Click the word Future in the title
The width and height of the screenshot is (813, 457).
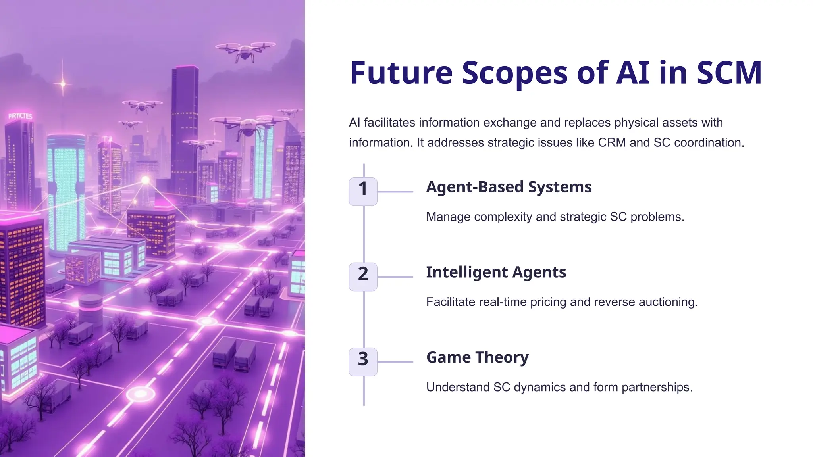(401, 73)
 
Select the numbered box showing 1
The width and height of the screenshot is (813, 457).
(363, 192)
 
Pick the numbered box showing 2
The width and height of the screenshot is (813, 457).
(363, 277)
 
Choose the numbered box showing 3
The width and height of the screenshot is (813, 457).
(363, 362)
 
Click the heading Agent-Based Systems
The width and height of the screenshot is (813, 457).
(509, 187)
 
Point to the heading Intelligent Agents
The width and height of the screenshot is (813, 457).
(496, 273)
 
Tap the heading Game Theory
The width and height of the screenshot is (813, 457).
(477, 357)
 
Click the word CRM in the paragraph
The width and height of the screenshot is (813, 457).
(612, 142)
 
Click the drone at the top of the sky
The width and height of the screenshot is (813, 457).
(245, 51)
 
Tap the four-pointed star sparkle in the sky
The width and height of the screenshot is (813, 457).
(63, 84)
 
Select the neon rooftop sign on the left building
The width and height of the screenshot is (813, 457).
(20, 116)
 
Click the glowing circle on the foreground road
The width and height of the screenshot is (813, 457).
(141, 394)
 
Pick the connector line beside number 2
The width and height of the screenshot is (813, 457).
(395, 277)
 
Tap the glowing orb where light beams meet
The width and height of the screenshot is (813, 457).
(146, 180)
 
